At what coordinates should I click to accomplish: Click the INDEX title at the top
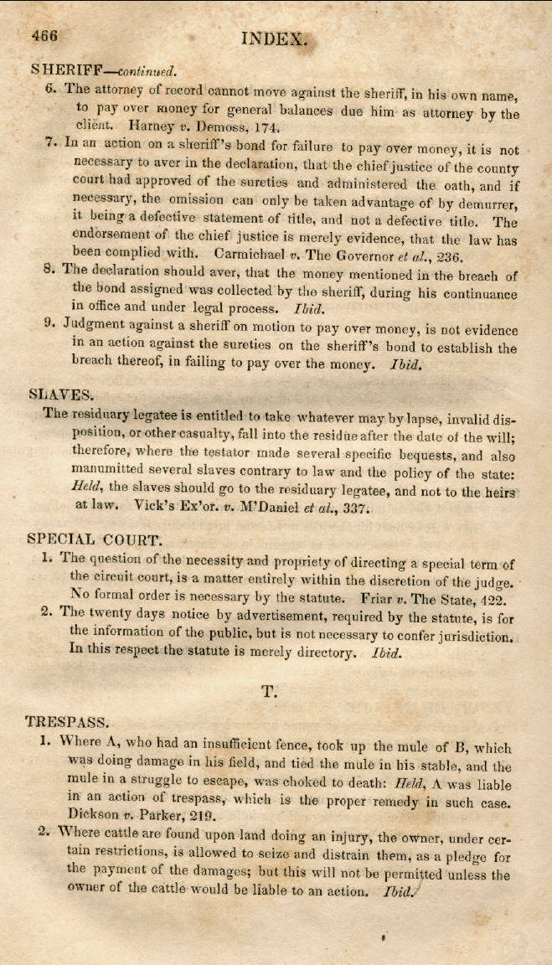(x=274, y=38)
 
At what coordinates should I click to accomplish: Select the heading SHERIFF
(x=60, y=67)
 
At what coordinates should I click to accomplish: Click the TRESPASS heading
(x=64, y=720)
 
